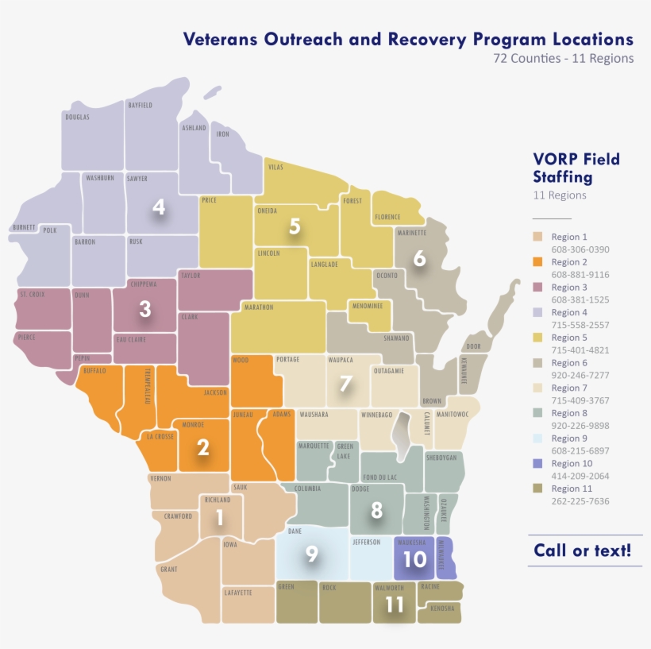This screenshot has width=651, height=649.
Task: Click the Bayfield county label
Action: pos(140,105)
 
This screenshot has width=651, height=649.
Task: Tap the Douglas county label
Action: pos(77,117)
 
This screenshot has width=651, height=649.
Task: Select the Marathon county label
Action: pos(260,307)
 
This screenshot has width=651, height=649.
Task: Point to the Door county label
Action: pos(474,346)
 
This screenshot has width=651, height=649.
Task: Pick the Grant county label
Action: pos(168,569)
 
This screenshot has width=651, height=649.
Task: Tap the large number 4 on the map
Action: pos(159,207)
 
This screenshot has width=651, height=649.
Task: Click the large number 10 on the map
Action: pos(414,559)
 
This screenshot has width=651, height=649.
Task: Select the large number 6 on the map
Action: pos(419,258)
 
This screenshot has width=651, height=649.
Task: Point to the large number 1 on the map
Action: pos(219,518)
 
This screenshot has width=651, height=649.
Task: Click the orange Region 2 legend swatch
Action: pos(537,262)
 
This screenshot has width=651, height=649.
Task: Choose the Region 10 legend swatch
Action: pos(537,463)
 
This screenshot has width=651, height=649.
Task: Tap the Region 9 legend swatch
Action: pos(537,438)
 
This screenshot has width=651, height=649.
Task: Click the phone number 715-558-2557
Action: pos(580,325)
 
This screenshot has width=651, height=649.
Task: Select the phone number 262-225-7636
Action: pos(580,501)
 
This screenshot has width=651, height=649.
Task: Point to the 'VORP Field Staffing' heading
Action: pos(576,168)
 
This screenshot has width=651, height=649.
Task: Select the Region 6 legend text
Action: pos(569,363)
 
